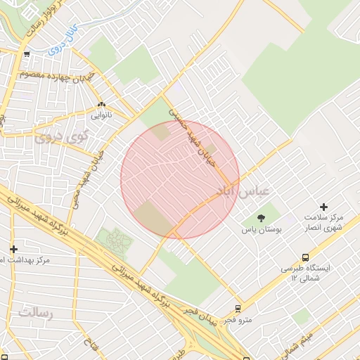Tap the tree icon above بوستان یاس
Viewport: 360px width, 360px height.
click(261, 217)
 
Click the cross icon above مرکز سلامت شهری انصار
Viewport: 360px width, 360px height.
click(323, 207)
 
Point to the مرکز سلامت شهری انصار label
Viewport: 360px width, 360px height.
click(323, 222)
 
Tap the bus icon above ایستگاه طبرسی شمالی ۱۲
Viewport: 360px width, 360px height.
click(305, 257)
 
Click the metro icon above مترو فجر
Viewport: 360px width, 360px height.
click(238, 308)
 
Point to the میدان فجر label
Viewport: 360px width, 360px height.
click(200, 312)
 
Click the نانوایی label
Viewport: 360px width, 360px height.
click(101, 114)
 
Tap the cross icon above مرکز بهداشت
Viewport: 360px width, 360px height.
click(13, 249)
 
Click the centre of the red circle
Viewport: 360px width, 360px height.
click(180, 179)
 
